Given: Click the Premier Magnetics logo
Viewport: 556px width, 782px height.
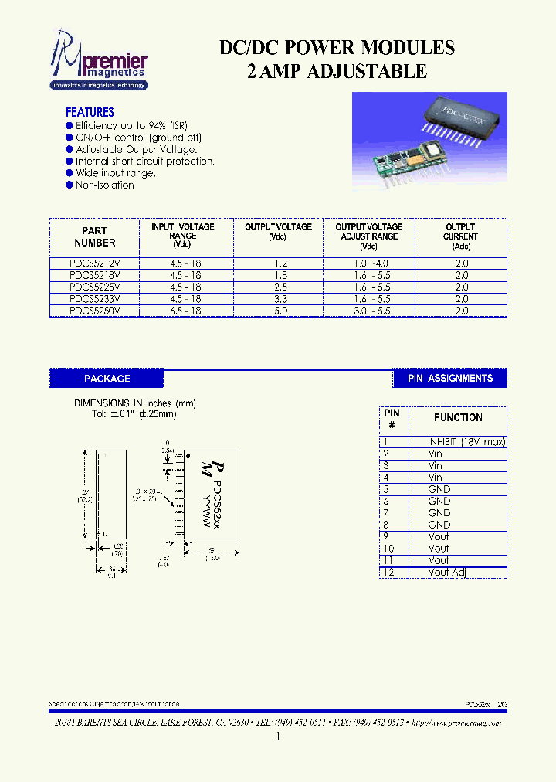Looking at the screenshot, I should point(98,61).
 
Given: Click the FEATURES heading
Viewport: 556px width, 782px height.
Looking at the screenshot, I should point(90,112).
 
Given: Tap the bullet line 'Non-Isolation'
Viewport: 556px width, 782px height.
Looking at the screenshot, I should point(104,185).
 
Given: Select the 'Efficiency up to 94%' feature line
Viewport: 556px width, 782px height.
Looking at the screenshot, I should point(131,126).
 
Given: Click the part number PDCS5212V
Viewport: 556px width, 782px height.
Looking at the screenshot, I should point(94,263).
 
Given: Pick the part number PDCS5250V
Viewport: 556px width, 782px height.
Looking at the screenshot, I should point(94,310).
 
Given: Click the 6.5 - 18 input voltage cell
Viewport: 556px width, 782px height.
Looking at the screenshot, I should point(185,310).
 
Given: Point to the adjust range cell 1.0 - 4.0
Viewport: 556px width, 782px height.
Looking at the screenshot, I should point(368,263).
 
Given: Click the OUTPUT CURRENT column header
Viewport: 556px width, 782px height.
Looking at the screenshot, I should point(460,236).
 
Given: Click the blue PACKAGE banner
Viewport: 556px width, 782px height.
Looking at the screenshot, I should point(107,379).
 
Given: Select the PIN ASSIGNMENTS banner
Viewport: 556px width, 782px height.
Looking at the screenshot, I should point(449,379).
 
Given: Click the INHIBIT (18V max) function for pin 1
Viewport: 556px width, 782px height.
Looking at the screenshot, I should point(466,442).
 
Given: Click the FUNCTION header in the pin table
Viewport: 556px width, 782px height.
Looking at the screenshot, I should point(458,417).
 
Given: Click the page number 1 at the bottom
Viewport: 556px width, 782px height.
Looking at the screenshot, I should point(278,737).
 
